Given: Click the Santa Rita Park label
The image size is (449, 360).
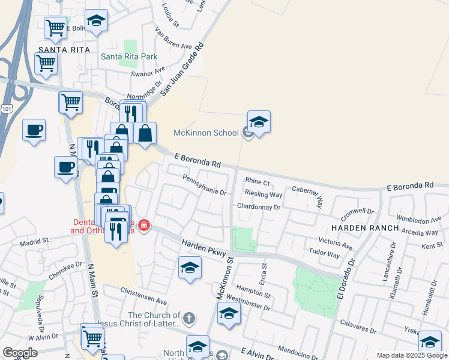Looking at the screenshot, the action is (x=128, y=57).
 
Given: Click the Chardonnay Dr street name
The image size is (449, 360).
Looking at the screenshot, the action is (x=259, y=207).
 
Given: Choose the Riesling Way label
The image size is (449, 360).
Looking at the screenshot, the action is (x=263, y=194).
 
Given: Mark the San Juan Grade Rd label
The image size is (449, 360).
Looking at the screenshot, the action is (x=182, y=70).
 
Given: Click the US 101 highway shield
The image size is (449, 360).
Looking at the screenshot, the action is (x=6, y=109).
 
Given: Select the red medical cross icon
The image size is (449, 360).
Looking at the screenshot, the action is (x=143, y=226).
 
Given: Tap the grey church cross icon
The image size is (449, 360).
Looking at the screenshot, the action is (x=188, y=318).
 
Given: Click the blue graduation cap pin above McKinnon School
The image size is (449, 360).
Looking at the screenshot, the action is (x=259, y=122).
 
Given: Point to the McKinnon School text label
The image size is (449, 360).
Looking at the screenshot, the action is (x=206, y=133).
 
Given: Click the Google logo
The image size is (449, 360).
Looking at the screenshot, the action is (x=20, y=353).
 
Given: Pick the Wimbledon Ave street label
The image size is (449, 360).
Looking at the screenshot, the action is (x=419, y=220).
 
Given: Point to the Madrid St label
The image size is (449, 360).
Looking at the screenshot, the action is (x=34, y=241).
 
